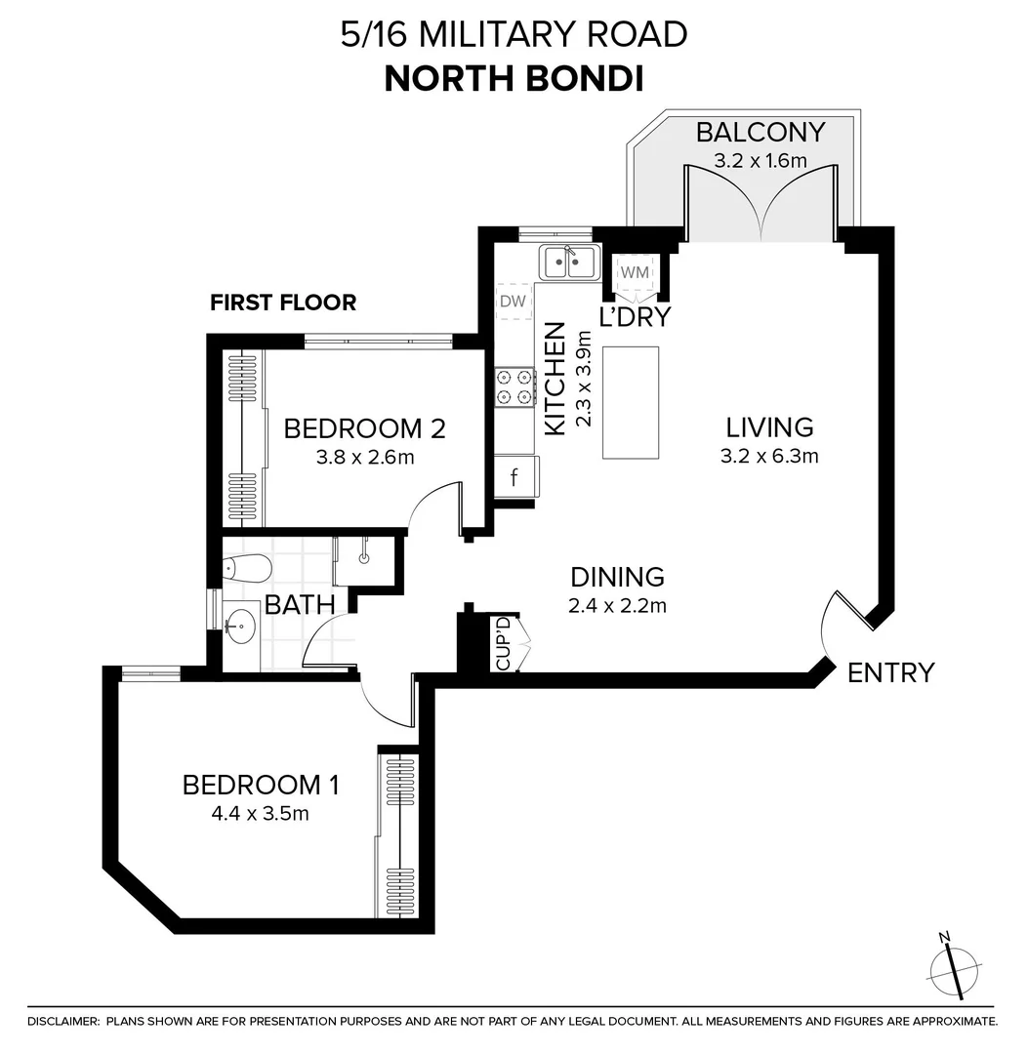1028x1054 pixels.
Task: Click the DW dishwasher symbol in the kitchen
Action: click(x=513, y=302)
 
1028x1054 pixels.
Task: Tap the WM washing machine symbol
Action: click(x=635, y=270)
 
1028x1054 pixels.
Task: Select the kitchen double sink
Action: click(x=570, y=262)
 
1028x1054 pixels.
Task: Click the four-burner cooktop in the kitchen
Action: click(x=515, y=385)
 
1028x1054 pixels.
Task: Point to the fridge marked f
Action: click(x=514, y=478)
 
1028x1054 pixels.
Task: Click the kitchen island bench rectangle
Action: click(x=630, y=401)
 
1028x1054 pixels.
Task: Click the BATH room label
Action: click(x=301, y=605)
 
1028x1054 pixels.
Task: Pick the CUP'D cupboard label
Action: click(x=504, y=643)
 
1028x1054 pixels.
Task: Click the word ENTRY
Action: click(x=890, y=672)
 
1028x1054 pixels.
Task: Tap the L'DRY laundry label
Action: click(x=635, y=317)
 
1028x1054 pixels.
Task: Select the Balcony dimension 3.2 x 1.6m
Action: click(x=761, y=161)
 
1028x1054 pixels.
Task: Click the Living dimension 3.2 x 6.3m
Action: click(x=769, y=456)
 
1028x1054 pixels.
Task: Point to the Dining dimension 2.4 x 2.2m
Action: click(x=617, y=606)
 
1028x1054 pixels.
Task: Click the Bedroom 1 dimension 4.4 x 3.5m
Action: click(x=261, y=813)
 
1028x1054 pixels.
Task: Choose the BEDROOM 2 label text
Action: click(x=364, y=428)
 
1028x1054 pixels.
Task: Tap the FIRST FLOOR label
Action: click(x=283, y=303)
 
